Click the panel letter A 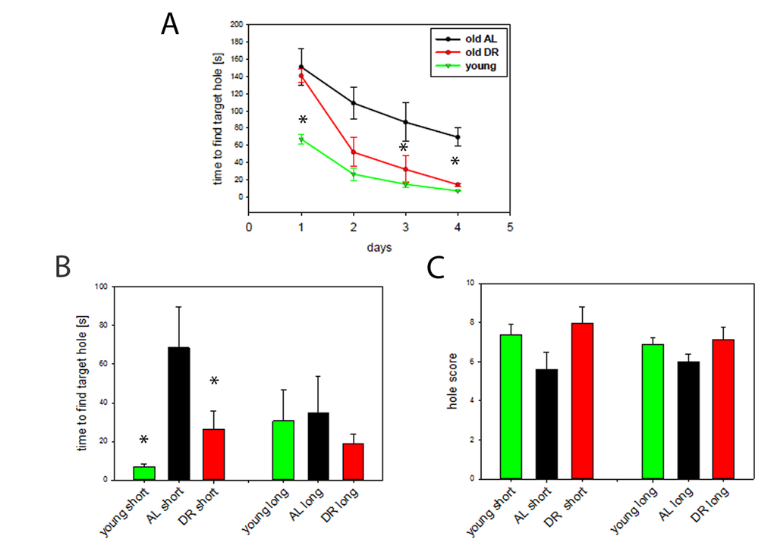[x=170, y=24]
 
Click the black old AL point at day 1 [x=302, y=67]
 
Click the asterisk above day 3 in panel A [x=404, y=147]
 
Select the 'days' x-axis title [x=379, y=246]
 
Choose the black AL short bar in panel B [x=179, y=413]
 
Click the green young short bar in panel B [x=144, y=473]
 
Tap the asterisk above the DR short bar [x=214, y=381]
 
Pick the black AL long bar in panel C [x=688, y=420]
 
